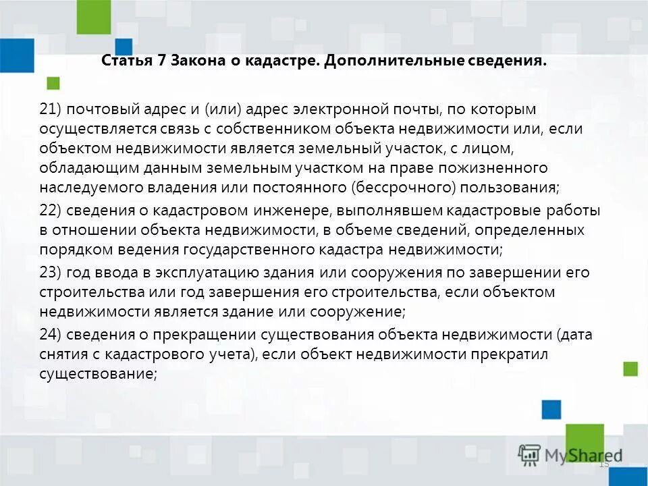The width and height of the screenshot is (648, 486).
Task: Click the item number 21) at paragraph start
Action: click(x=50, y=109)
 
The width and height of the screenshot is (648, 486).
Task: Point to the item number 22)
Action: click(x=50, y=211)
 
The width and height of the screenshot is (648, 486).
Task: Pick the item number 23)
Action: click(x=50, y=273)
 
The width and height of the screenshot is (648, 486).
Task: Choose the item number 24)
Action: click(x=50, y=335)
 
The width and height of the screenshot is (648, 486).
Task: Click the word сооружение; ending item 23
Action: click(x=358, y=312)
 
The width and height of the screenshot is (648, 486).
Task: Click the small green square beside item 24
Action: click(x=630, y=369)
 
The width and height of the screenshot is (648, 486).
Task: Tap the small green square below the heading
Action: click(x=53, y=83)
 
